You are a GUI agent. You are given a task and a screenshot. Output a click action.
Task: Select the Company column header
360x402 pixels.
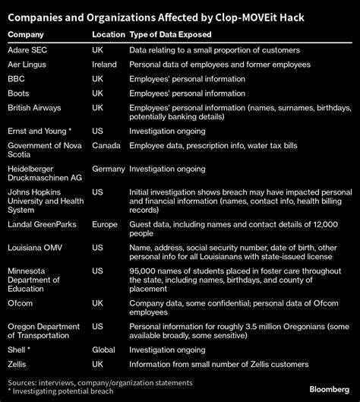click(x=27, y=35)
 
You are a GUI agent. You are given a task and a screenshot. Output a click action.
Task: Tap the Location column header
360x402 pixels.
click(x=109, y=35)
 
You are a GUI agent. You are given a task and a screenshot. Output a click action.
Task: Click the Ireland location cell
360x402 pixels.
click(x=104, y=64)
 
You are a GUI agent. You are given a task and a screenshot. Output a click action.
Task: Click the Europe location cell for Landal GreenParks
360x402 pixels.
click(x=106, y=225)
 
